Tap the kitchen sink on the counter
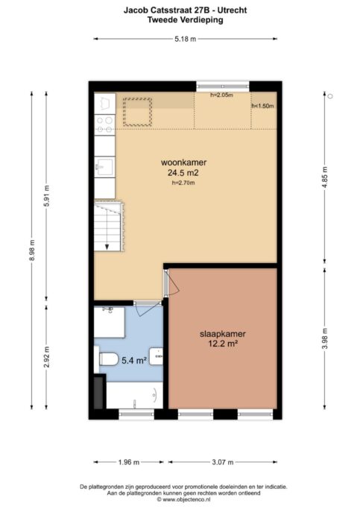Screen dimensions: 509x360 (x=104, y=165)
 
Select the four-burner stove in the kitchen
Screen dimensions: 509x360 (x=104, y=124)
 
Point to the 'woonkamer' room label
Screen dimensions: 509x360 (x=184, y=162)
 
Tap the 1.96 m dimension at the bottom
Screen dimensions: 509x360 (x=129, y=462)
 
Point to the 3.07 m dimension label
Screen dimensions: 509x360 (x=224, y=462)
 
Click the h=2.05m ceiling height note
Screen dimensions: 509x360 (x=221, y=95)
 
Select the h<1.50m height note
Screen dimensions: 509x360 (x=262, y=107)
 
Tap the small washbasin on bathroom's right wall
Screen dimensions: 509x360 (x=157, y=356)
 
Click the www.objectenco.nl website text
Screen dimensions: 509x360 (x=183, y=499)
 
